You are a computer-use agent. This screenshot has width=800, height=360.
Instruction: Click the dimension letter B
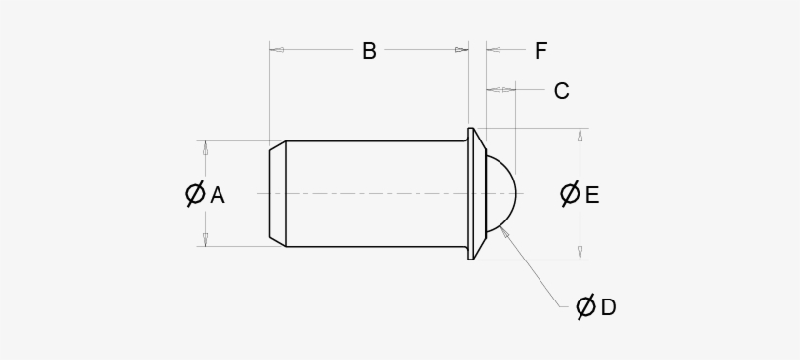click(369, 51)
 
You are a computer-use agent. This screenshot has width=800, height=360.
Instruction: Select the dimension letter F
click(540, 51)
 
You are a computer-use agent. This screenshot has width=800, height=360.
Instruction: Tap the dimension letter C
click(561, 91)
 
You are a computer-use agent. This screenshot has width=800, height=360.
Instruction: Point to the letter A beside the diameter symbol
click(218, 195)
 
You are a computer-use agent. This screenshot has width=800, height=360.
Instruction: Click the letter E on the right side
click(591, 195)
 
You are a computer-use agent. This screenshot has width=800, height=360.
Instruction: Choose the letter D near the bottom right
click(608, 307)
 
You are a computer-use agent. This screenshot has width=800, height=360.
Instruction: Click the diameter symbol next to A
click(195, 194)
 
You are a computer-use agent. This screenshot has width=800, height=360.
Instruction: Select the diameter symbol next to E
click(570, 194)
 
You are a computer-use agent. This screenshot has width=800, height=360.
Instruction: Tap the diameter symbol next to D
click(585, 307)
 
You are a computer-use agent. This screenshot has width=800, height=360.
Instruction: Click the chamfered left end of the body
click(277, 193)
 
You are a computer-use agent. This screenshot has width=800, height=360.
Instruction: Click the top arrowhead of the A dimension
click(205, 147)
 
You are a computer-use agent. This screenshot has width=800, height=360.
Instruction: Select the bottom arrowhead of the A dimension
click(205, 240)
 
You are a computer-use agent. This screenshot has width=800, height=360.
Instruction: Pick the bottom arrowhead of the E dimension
click(580, 254)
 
